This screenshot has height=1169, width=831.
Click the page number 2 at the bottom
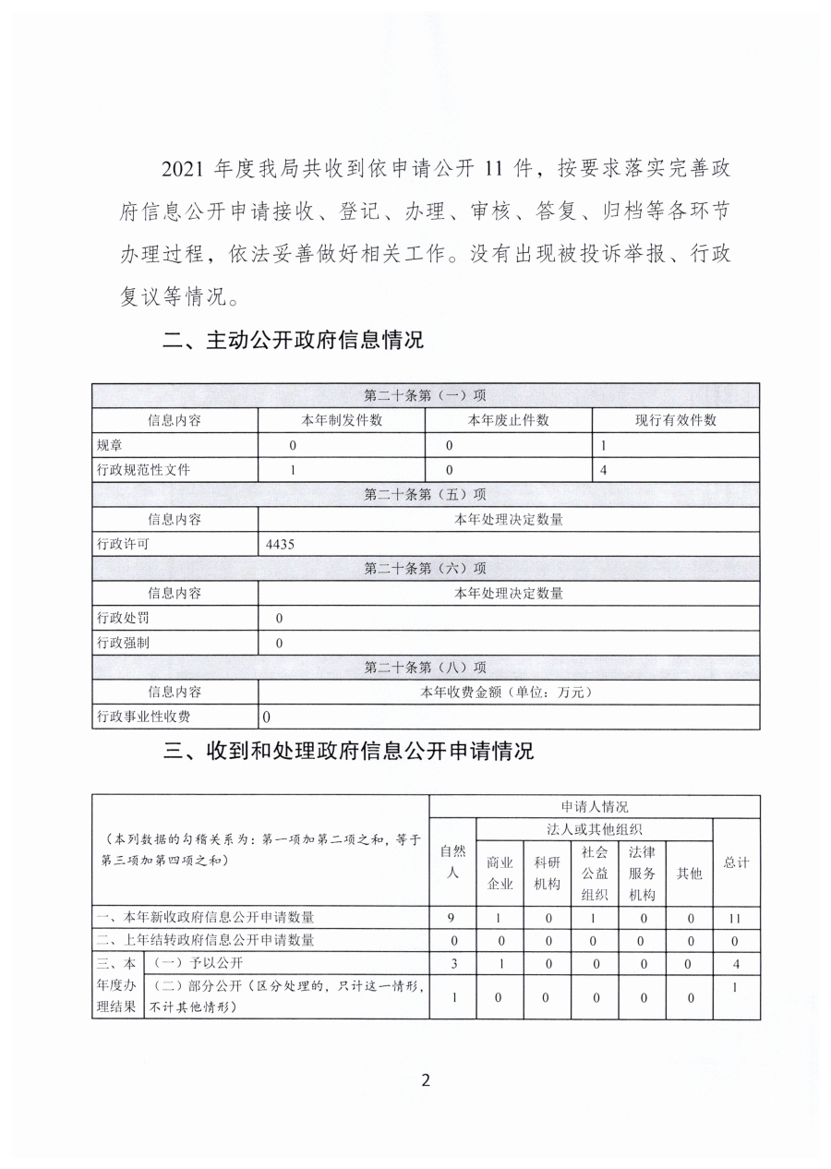(x=426, y=1080)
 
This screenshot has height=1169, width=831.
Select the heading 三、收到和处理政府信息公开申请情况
(x=348, y=751)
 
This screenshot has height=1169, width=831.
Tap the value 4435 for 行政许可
(x=279, y=545)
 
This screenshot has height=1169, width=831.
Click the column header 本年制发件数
(x=342, y=420)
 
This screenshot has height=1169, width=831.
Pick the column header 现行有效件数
(x=675, y=420)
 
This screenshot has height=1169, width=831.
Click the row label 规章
(x=110, y=445)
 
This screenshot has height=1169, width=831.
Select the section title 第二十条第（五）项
(x=425, y=495)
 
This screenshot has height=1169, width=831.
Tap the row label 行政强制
(x=123, y=643)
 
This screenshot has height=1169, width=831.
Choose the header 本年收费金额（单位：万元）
(x=509, y=692)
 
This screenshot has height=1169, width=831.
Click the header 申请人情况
(x=595, y=806)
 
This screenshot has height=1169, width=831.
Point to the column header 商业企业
(x=500, y=872)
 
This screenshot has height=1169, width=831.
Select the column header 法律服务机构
(x=642, y=872)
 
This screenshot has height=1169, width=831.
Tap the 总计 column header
(x=736, y=862)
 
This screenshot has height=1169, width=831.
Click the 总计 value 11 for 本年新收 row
(x=736, y=918)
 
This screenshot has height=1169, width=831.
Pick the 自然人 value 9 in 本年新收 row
(x=452, y=918)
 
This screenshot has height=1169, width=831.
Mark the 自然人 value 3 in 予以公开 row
(x=452, y=964)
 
